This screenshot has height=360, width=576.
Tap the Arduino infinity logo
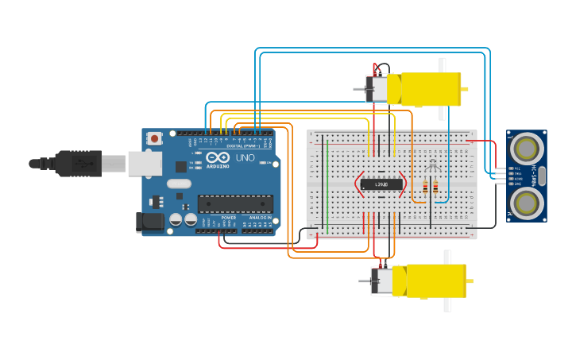(x=218, y=157)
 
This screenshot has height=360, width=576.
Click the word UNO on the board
(x=245, y=157)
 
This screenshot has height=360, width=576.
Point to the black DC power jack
(x=149, y=222)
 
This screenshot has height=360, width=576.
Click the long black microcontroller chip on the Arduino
(x=235, y=204)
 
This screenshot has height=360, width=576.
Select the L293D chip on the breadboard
(x=381, y=184)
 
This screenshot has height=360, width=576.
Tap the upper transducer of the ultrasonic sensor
(x=527, y=147)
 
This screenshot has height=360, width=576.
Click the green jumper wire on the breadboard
(x=327, y=183)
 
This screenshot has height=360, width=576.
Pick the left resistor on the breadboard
(x=425, y=188)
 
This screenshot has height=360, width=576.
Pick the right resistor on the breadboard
(x=435, y=188)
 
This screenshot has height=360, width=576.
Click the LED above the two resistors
(x=431, y=166)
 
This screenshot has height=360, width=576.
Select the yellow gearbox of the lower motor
(x=434, y=281)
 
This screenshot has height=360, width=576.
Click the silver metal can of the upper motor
(x=377, y=89)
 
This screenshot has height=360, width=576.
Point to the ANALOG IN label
(x=259, y=217)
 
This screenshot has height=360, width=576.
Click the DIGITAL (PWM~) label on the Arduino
(x=242, y=146)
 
